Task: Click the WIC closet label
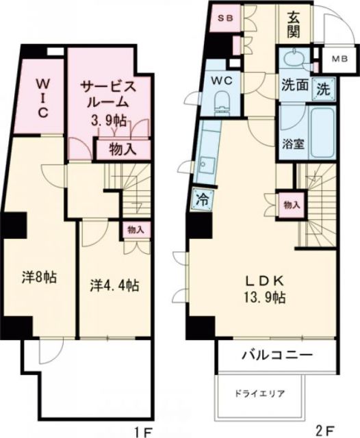[42, 99]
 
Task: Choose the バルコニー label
[277, 356]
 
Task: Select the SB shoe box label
[225, 19]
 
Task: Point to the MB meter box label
[336, 59]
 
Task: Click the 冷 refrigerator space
[203, 201]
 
